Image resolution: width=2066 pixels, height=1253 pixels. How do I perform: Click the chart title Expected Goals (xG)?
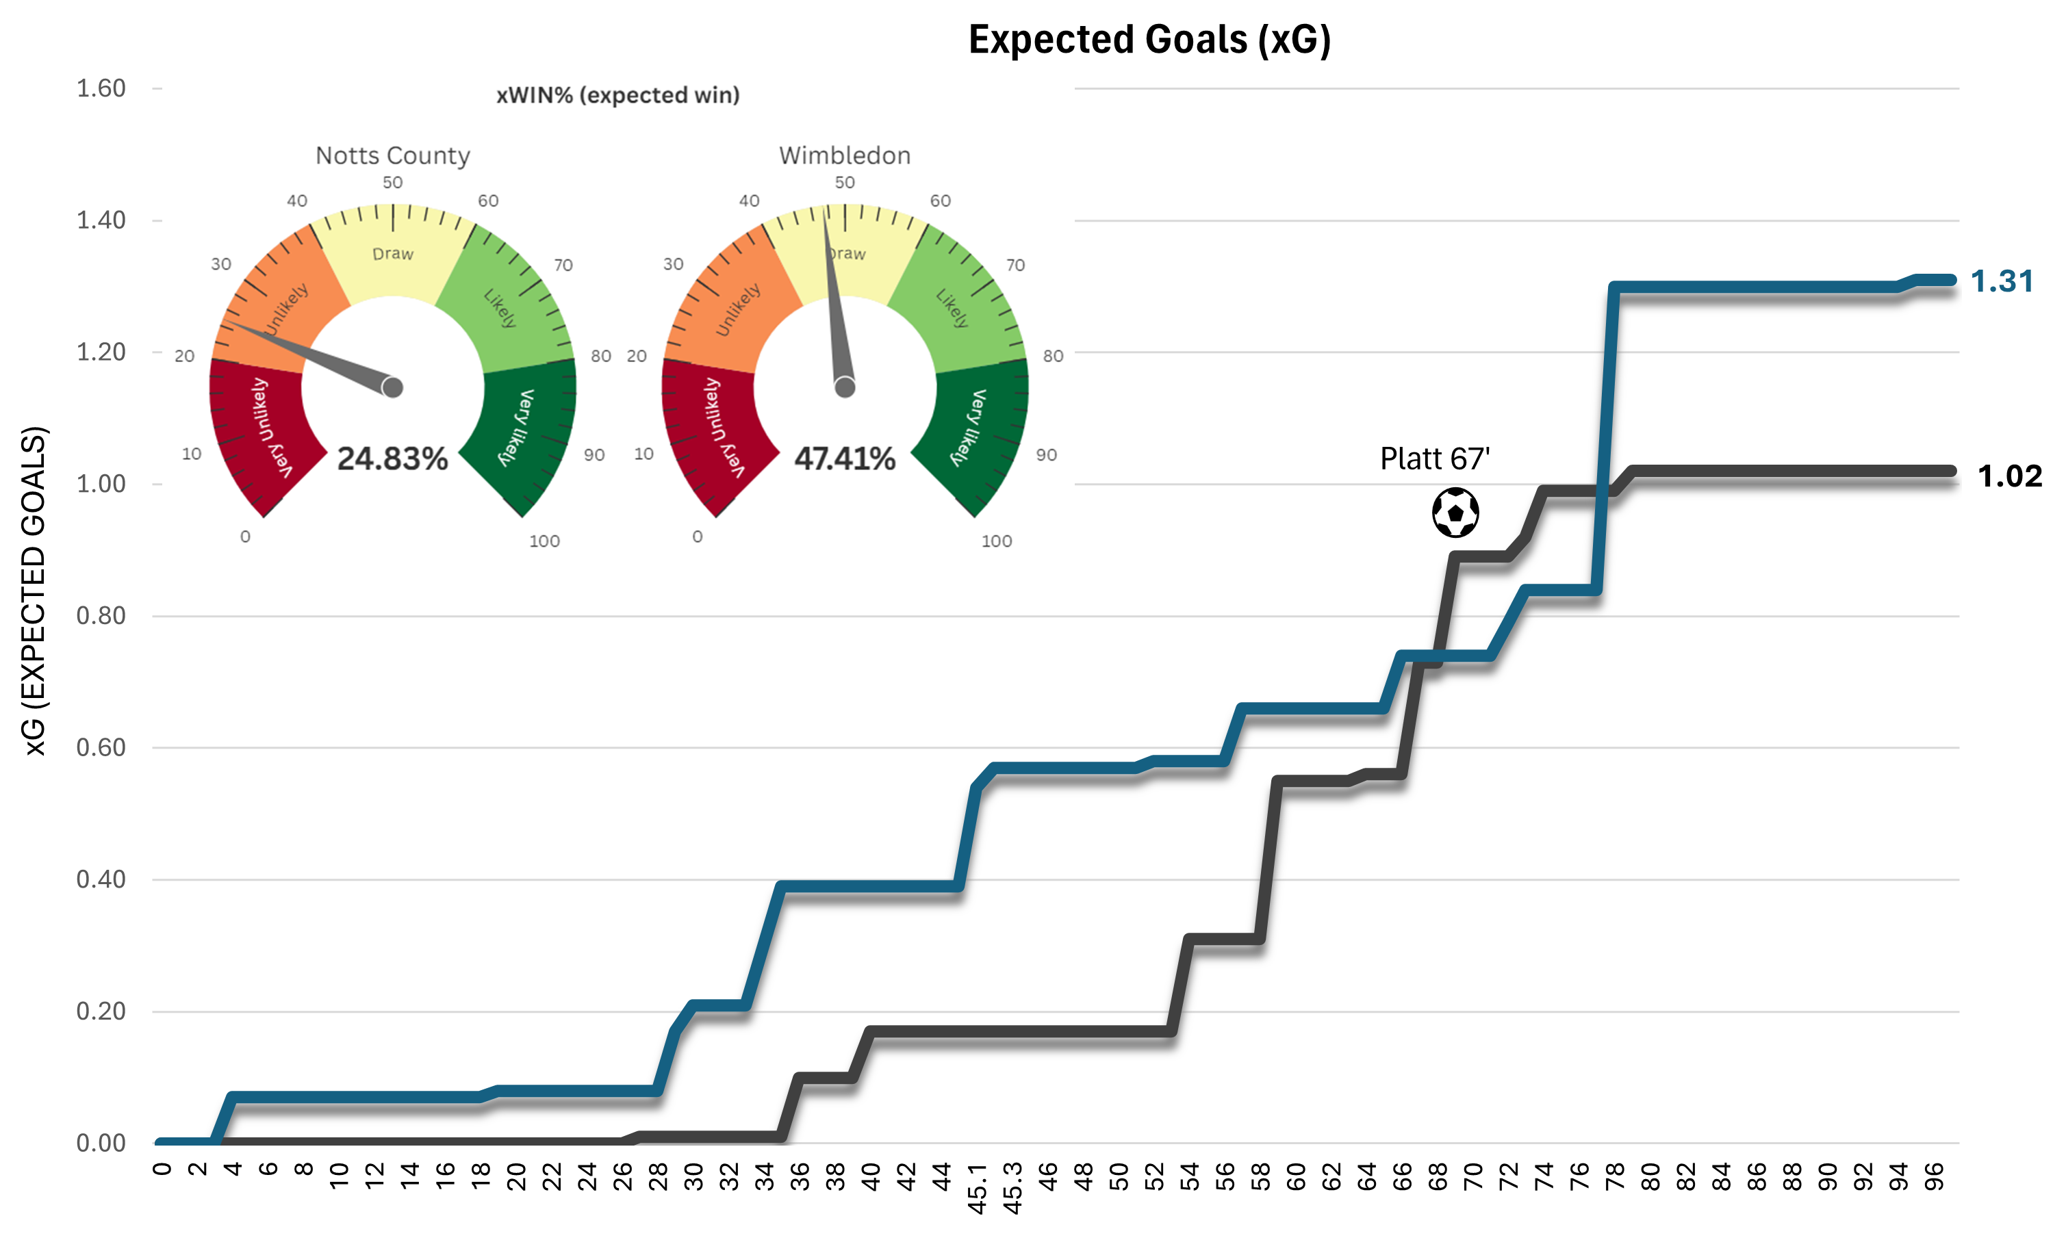coord(1149,40)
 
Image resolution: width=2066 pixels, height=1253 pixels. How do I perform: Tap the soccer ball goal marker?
coord(1455,512)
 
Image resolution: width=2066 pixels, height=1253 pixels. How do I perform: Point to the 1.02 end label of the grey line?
coord(2009,476)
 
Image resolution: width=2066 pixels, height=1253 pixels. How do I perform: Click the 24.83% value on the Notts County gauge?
coord(392,458)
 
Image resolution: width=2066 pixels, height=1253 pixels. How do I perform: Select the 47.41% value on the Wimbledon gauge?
coord(844,458)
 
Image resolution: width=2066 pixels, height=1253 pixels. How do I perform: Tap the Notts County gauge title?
coord(392,155)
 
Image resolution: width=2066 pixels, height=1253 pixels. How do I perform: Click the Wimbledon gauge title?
coord(844,155)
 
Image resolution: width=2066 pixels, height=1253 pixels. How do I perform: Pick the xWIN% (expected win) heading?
coord(618,94)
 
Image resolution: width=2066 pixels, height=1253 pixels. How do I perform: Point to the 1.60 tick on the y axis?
coord(101,88)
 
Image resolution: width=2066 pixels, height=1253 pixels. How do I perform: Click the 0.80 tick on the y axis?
coord(101,615)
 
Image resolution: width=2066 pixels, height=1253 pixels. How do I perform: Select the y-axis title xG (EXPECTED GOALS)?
coord(34,591)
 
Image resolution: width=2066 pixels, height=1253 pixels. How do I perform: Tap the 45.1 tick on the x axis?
coord(977,1187)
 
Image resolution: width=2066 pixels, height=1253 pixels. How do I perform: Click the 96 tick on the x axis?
coord(1933,1177)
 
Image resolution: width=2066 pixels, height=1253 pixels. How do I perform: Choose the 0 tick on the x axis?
coord(162,1170)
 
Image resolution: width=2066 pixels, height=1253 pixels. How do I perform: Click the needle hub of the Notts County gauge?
coord(392,387)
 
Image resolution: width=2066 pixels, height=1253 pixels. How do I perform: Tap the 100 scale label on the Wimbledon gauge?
coord(996,541)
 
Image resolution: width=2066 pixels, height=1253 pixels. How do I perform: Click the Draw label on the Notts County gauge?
coord(392,253)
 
